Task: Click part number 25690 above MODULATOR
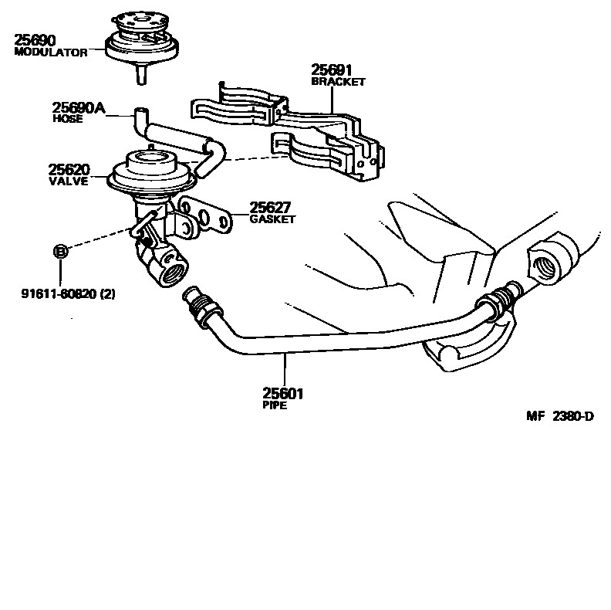pyautogui.click(x=36, y=39)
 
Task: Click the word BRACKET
pyautogui.click(x=338, y=81)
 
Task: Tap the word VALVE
pyautogui.click(x=67, y=181)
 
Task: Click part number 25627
pyautogui.click(x=270, y=208)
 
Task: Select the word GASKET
pyautogui.click(x=272, y=219)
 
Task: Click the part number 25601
pyautogui.click(x=283, y=394)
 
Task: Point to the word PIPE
pyautogui.click(x=275, y=405)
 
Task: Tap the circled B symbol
pyautogui.click(x=61, y=250)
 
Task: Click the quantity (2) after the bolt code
pyautogui.click(x=107, y=294)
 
